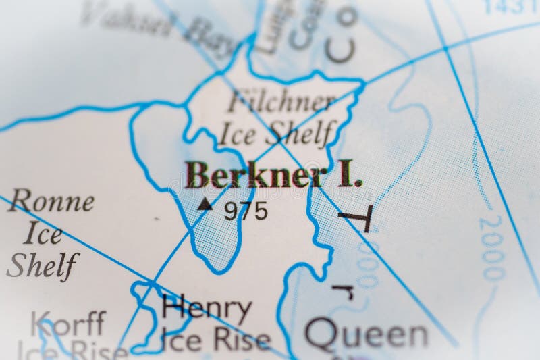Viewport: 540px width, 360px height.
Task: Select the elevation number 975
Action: (x=246, y=211)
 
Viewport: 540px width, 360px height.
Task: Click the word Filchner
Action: (x=281, y=103)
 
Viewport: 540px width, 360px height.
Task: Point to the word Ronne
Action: (x=51, y=201)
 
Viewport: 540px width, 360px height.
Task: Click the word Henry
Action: (x=207, y=309)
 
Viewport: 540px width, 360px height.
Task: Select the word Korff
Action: (x=68, y=324)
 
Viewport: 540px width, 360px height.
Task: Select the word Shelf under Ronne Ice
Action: (x=43, y=265)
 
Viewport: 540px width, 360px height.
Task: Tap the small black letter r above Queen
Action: (x=343, y=292)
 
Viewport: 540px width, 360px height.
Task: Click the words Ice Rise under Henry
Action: (x=216, y=341)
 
